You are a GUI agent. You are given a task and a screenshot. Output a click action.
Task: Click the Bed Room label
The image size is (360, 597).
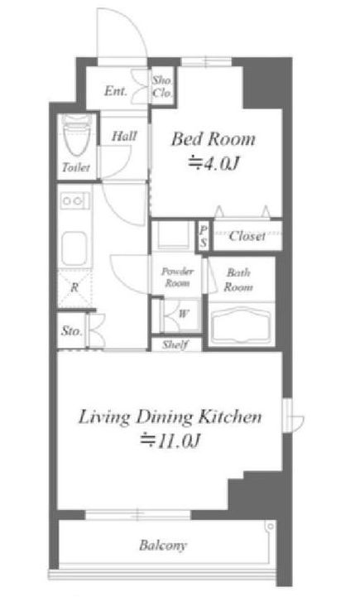(x=214, y=139)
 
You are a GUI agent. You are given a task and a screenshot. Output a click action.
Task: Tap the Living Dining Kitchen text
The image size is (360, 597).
(x=170, y=417)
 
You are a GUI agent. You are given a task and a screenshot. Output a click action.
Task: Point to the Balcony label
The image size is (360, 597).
(x=163, y=545)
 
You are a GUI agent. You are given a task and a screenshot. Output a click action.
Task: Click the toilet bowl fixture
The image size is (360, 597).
(x=76, y=135)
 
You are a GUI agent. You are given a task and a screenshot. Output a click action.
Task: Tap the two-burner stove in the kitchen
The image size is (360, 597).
(x=74, y=200)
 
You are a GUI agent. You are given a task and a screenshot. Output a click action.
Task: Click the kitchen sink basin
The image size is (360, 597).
(x=74, y=248)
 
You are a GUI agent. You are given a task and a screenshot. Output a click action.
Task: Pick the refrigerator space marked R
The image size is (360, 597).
(x=74, y=288)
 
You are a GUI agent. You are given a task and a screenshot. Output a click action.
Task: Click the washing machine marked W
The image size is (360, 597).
(x=180, y=315)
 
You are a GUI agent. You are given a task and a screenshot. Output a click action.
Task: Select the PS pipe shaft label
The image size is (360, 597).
(x=204, y=236)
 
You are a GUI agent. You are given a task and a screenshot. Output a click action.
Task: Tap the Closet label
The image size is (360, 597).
(x=247, y=236)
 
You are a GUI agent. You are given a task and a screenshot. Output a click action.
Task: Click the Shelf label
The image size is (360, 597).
(x=175, y=345)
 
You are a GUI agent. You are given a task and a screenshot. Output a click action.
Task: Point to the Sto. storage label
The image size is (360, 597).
(x=71, y=331)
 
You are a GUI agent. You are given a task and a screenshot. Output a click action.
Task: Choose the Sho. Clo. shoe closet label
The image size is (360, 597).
(x=162, y=86)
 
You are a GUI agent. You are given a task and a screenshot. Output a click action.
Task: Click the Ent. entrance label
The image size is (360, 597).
(x=115, y=91)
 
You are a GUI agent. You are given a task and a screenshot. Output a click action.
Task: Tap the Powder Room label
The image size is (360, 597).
(x=177, y=277)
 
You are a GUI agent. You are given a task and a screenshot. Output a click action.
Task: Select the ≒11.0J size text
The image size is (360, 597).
(x=170, y=441)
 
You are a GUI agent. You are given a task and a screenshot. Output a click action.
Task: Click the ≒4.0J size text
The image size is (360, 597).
(x=214, y=164)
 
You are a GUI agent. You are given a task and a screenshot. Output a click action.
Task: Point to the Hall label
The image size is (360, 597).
(x=124, y=136)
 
